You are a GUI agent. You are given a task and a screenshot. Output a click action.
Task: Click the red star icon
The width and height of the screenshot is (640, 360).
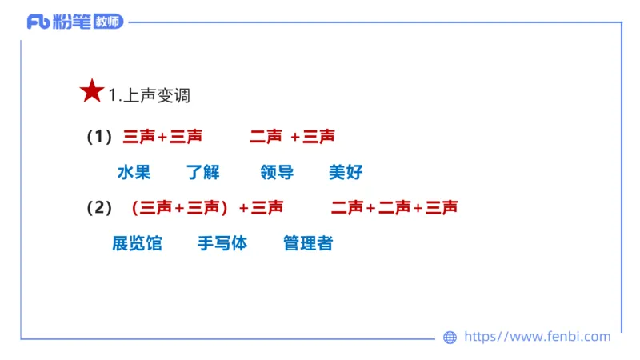click(x=92, y=92)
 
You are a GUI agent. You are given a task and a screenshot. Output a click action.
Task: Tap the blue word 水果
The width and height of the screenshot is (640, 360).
click(x=134, y=173)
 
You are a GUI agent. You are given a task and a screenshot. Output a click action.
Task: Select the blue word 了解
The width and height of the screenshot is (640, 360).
click(x=203, y=173)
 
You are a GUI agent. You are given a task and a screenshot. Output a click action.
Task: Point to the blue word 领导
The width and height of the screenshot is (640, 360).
click(x=277, y=173)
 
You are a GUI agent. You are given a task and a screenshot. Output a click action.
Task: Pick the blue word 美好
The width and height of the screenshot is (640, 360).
click(x=346, y=173)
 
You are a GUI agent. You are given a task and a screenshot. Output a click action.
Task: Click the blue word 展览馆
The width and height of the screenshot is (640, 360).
click(x=137, y=244)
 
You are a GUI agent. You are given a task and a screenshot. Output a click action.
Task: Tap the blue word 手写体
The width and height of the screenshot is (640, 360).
click(x=222, y=244)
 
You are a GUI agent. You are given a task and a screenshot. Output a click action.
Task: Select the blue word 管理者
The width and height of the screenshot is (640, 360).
click(x=308, y=244)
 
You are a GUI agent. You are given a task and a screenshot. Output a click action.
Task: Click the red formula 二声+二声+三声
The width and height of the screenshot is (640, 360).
click(x=394, y=208)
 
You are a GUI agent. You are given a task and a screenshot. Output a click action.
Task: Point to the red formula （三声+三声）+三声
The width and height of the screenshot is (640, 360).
click(x=206, y=208)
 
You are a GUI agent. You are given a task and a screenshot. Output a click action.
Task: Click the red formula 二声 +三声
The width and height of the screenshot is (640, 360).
click(x=292, y=137)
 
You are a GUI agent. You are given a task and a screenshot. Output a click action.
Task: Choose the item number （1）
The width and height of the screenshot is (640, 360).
click(x=99, y=137)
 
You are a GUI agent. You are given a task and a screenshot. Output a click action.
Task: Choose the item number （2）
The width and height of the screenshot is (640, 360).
click(x=99, y=208)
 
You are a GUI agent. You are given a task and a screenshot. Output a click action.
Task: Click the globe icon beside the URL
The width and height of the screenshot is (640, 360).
click(x=450, y=338)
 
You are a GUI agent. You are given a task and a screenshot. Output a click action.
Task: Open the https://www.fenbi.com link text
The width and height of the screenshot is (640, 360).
click(x=537, y=337)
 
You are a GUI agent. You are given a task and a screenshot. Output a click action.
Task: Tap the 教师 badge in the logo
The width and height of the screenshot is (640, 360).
click(x=108, y=22)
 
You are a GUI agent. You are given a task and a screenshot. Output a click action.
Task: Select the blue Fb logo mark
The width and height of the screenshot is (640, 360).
click(x=38, y=22)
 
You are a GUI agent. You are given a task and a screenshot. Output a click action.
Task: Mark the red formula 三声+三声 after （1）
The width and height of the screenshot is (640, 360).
click(x=162, y=137)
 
